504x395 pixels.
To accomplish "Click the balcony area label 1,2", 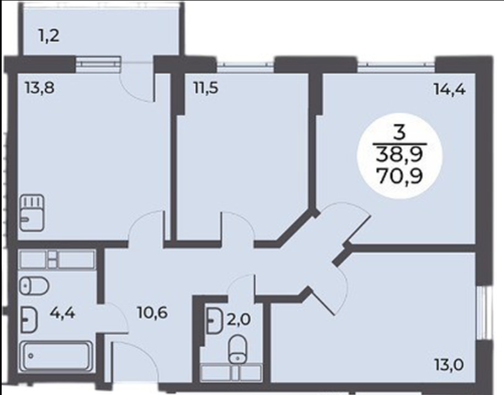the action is [49, 35].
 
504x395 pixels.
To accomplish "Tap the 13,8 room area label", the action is [40, 87].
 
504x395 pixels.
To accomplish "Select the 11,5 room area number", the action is [206, 87].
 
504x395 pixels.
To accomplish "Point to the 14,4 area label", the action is [450, 88].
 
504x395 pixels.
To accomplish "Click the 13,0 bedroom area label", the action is [448, 365].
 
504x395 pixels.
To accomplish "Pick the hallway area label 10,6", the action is [152, 313].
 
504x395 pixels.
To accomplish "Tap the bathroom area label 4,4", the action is [62, 313].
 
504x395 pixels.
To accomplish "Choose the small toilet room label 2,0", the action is [238, 320].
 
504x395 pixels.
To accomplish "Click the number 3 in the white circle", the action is [399, 132].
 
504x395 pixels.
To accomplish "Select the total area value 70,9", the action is [400, 176].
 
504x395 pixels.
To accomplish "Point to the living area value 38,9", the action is [400, 155].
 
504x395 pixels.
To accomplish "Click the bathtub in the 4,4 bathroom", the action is [56, 355].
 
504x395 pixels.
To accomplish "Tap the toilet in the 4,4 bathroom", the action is [34, 286].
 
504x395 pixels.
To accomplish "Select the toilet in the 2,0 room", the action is [237, 349].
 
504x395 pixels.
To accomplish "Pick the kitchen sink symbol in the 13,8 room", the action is [32, 213].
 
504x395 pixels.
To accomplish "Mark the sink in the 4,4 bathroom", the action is [29, 320].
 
